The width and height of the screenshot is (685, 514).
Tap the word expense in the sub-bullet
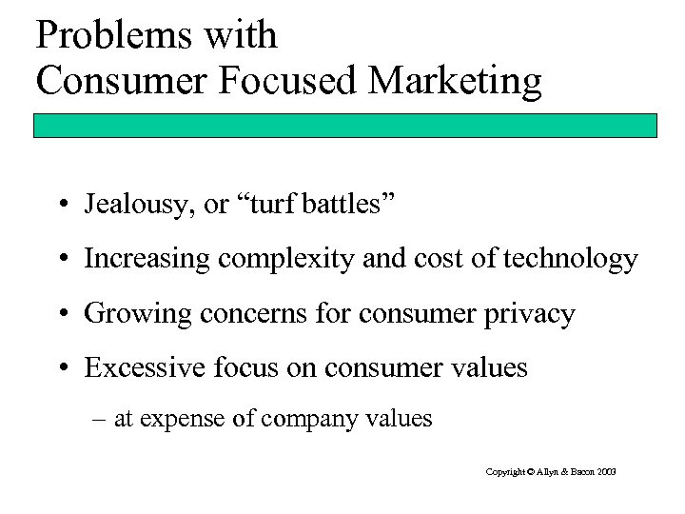(x=180, y=418)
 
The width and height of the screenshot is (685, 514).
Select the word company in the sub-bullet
(x=314, y=418)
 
